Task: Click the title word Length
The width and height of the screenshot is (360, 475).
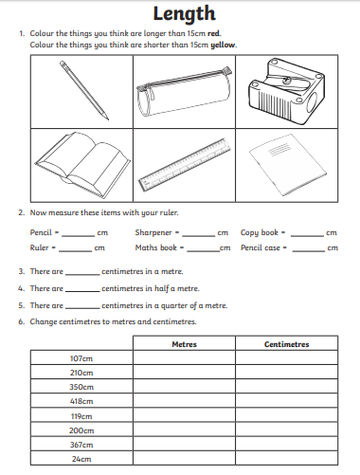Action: click(184, 14)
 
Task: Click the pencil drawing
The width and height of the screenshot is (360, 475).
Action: click(84, 91)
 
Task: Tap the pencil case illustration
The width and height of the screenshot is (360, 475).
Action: click(184, 92)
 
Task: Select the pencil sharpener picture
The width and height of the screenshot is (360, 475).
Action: click(286, 92)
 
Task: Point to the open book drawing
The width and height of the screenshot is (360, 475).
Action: click(82, 165)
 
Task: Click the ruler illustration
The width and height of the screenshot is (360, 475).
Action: click(185, 165)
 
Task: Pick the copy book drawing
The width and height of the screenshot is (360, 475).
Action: click(287, 165)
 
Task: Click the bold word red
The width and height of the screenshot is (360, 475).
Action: click(214, 33)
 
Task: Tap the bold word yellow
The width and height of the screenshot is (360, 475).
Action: click(223, 45)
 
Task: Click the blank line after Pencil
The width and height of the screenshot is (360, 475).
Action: click(79, 236)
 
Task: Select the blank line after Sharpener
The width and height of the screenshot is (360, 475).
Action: click(199, 236)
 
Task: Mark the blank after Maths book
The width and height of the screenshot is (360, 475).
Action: click(204, 251)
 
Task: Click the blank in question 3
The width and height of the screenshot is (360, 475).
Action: click(82, 275)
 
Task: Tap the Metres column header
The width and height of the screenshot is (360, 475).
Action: click(184, 344)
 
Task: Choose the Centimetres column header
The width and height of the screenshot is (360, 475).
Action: click(286, 344)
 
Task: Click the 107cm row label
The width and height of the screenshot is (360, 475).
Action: click(81, 358)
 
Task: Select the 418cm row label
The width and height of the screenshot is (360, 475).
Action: click(81, 401)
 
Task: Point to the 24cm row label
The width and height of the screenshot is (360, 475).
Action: click(81, 459)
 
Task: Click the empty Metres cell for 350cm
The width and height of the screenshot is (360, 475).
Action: click(184, 386)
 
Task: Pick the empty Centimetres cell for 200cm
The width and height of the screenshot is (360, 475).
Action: click(286, 429)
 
